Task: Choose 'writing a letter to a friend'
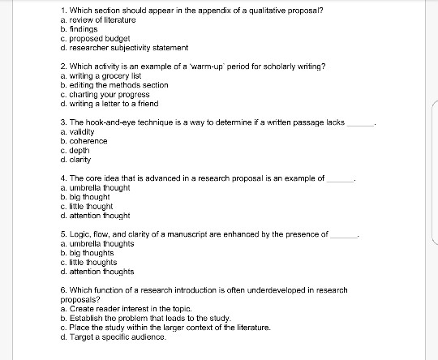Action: click(109, 104)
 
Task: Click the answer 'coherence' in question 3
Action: click(88, 141)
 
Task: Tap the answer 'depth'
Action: click(80, 150)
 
